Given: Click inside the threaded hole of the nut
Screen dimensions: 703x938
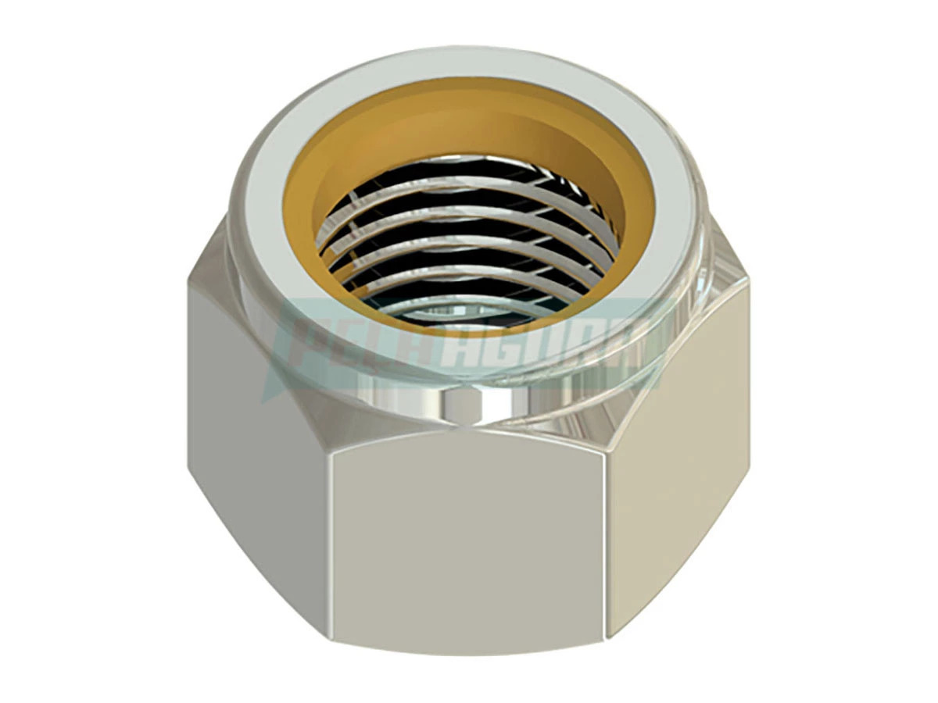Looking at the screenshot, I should [461, 250].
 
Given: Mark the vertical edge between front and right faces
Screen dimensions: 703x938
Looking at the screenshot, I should [607, 547].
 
